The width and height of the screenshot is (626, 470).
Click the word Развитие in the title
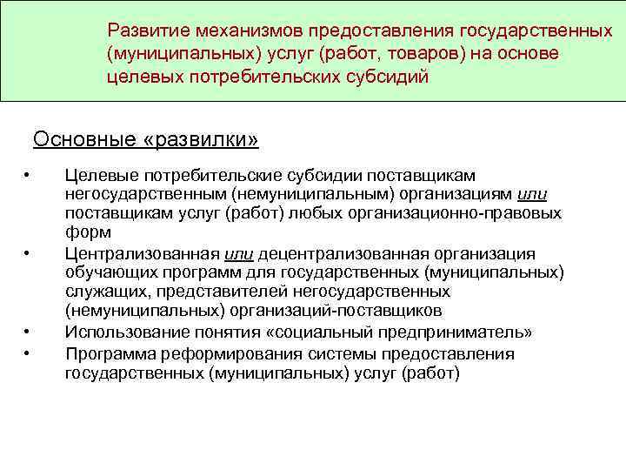tap(150, 30)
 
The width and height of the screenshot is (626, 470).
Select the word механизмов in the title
tap(252, 30)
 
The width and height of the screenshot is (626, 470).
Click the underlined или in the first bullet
tap(531, 194)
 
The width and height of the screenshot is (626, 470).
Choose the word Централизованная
tap(142, 253)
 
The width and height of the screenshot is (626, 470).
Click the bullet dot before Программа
tap(29, 354)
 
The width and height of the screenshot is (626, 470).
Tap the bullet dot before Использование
tap(29, 332)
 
